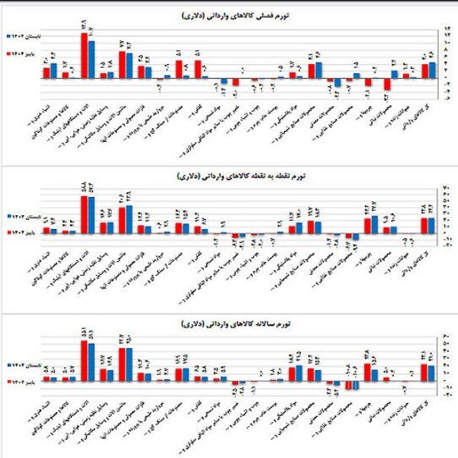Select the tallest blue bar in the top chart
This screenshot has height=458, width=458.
tap(92, 60)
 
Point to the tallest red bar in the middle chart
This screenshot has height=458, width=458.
tap(85, 214)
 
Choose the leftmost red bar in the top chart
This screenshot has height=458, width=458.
tap(45, 73)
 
